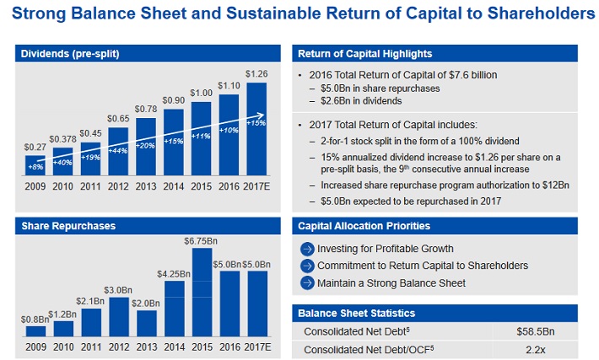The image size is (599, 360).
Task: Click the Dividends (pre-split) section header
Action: coord(70,55)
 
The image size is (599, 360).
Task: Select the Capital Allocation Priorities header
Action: coord(364,226)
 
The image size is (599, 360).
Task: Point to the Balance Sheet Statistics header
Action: coord(356,314)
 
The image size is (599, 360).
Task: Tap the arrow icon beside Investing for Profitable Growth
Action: coord(307,249)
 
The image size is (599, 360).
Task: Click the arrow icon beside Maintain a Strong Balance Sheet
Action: coord(307,282)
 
